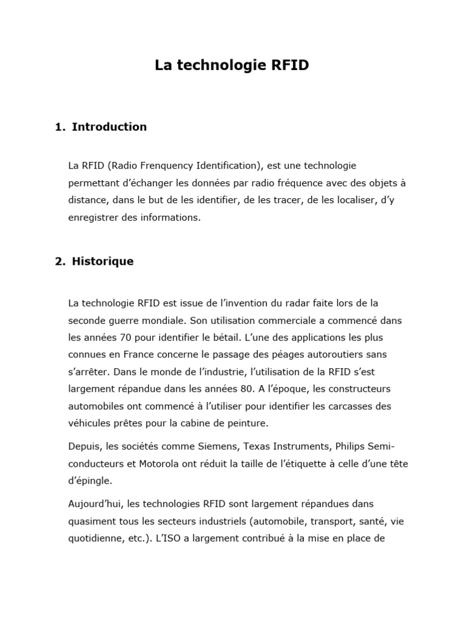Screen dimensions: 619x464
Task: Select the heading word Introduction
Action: coord(109,127)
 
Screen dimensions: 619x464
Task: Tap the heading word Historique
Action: coord(103,262)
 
